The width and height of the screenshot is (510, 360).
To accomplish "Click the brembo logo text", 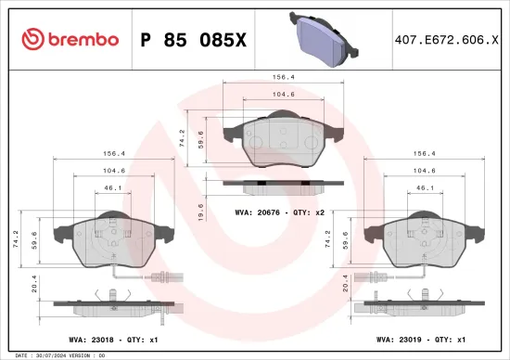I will (x=70, y=39).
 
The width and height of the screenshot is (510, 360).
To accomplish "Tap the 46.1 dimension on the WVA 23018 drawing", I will (x=111, y=187).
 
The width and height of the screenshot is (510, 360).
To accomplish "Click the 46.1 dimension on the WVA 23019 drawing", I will (x=423, y=187).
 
